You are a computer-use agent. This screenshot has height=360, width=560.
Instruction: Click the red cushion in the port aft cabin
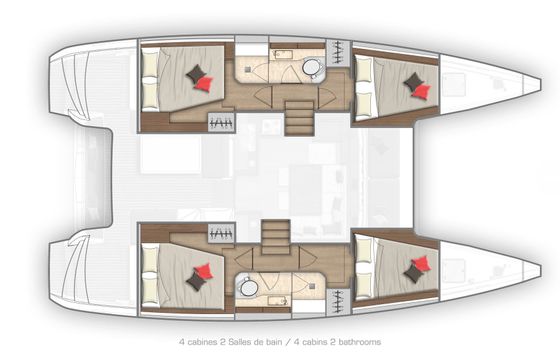click(205, 84)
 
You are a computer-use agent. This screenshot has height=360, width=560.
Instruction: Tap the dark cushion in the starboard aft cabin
click(196, 280)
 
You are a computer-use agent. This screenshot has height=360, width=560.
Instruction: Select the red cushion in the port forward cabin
click(421, 91)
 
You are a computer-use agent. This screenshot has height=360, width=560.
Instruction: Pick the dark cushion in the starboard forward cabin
click(414, 274)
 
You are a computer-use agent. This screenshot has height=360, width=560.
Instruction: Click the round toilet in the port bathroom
click(312, 67)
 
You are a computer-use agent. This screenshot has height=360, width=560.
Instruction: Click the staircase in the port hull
click(299, 118)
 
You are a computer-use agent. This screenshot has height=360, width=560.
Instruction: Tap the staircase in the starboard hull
click(275, 237)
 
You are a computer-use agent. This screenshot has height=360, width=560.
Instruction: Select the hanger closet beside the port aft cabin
click(221, 122)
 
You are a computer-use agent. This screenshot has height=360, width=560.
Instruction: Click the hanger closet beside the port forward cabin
click(338, 53)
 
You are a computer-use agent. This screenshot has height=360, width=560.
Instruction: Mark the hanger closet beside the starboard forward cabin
click(338, 302)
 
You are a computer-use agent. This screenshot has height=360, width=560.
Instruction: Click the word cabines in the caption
click(202, 342)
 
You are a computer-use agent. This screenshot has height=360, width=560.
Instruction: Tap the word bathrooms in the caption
click(359, 342)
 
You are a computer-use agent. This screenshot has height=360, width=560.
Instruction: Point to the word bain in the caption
click(274, 342)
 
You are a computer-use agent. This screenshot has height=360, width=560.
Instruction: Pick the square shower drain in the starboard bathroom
click(312, 286)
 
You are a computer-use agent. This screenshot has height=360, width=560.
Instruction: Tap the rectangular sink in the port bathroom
click(283, 55)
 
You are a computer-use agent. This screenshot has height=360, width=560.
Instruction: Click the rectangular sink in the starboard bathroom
click(278, 301)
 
